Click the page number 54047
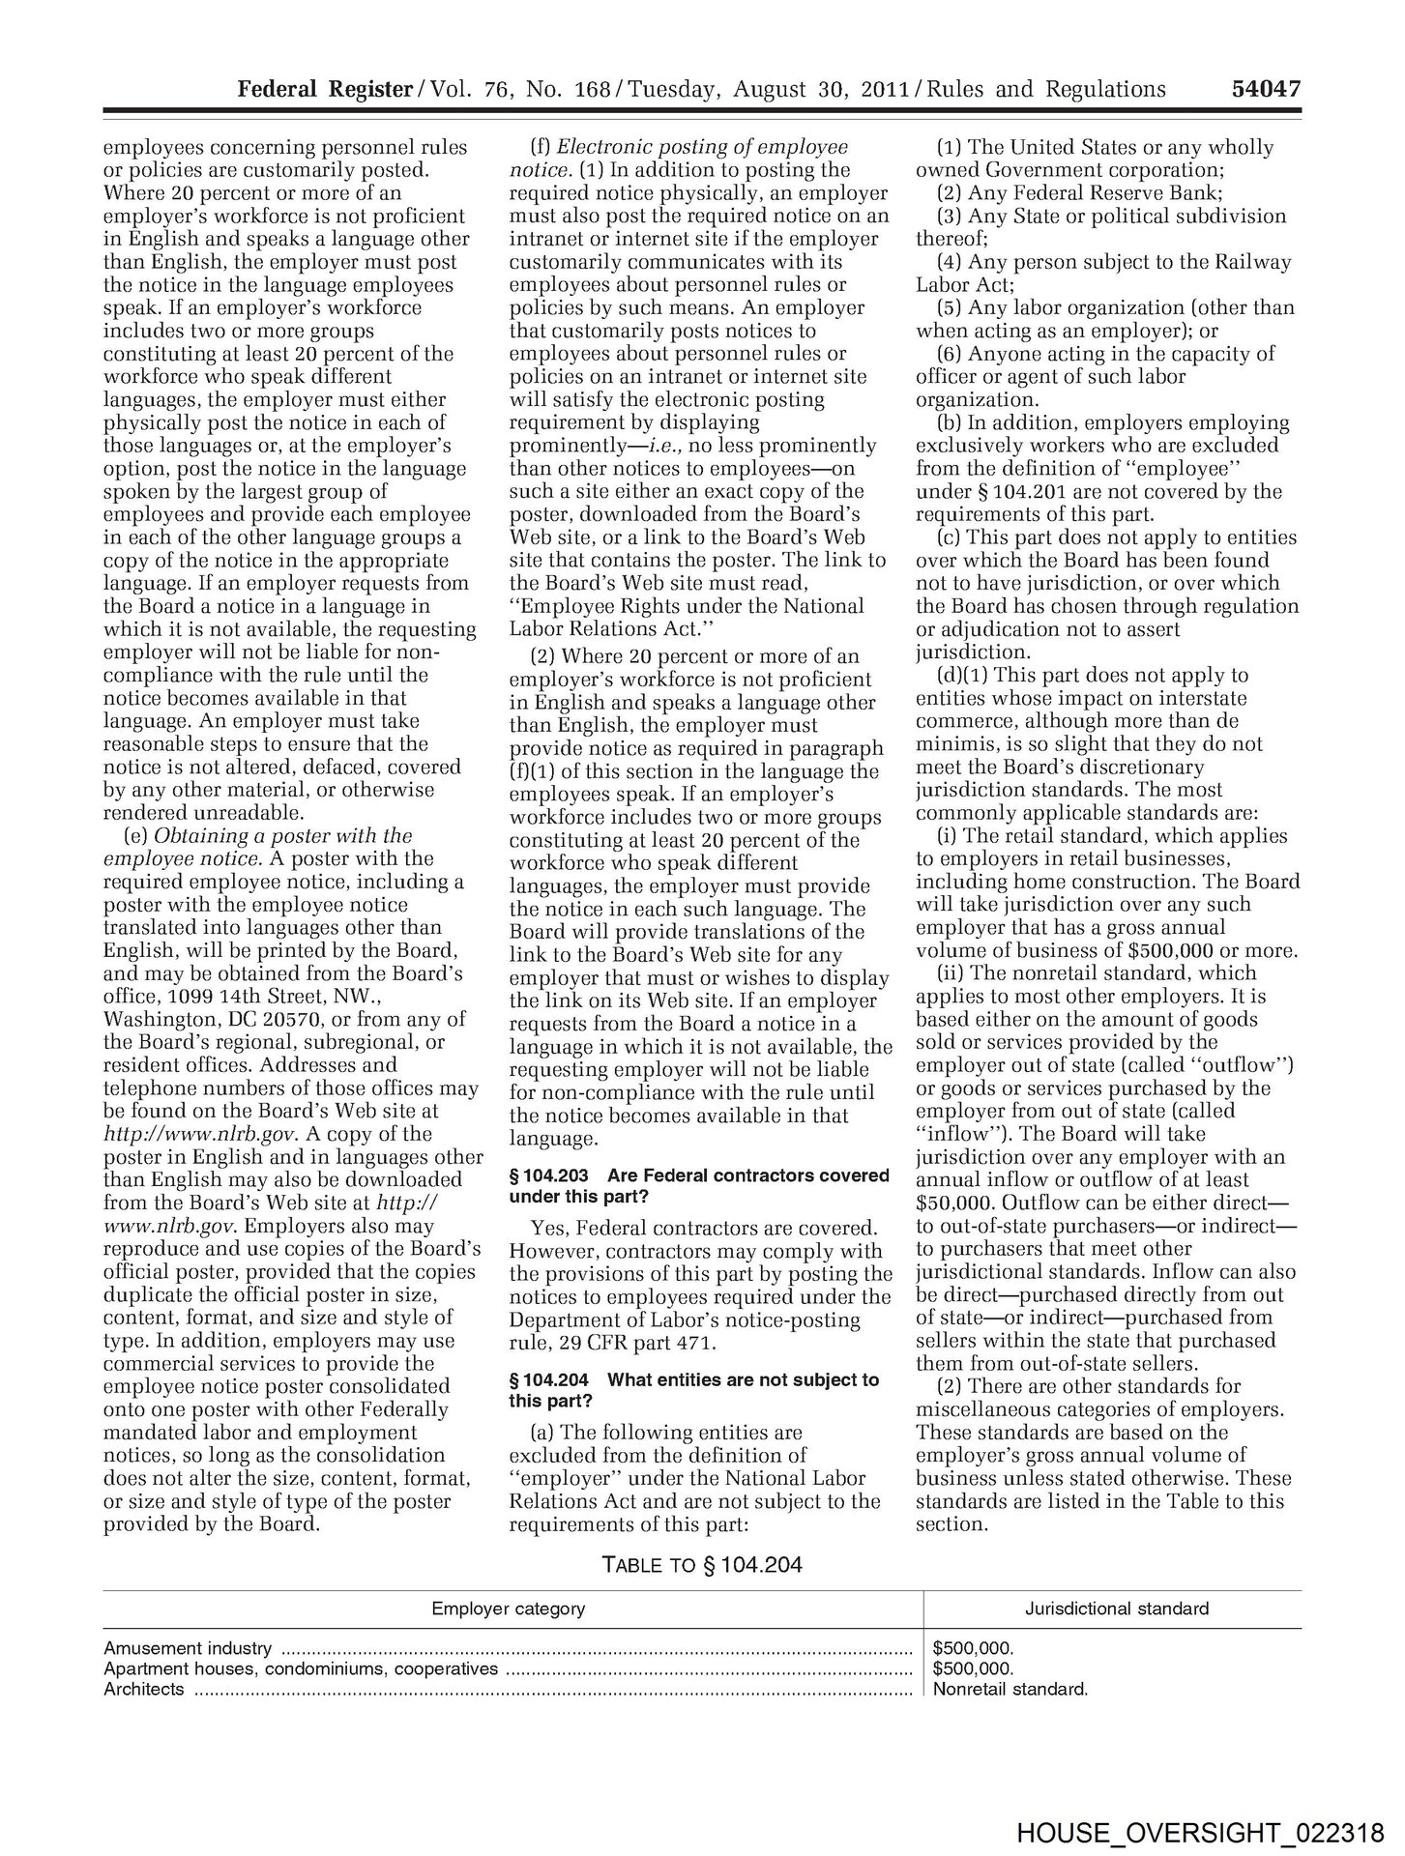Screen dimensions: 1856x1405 point(1265,90)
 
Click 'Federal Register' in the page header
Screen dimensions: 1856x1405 point(325,90)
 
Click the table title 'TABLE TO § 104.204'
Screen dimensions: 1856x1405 point(702,1564)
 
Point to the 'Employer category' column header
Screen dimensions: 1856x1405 point(508,1609)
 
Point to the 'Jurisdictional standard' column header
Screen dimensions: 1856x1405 point(1116,1609)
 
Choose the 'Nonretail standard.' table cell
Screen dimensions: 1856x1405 point(1010,1690)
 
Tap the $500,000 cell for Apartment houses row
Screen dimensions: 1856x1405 point(973,1668)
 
